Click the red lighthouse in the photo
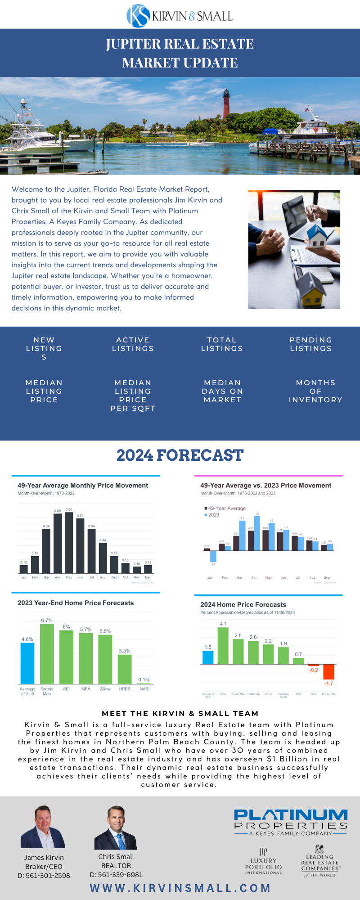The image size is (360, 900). (226, 104)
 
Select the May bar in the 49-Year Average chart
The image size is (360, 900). (69, 542)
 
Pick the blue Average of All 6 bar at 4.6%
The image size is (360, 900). (27, 663)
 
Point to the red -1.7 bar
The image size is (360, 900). (328, 671)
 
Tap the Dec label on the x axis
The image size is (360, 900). (148, 577)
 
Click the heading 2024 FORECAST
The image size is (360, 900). (180, 455)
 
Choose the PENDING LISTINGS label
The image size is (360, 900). (310, 344)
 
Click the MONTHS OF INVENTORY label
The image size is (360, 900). (315, 391)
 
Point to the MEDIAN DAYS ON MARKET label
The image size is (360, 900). (222, 391)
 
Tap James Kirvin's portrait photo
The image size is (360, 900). (43, 827)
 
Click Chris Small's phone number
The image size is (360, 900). (116, 875)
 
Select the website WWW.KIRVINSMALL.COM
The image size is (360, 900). (180, 888)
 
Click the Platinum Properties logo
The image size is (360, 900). (291, 822)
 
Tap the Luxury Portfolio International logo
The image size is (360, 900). (264, 861)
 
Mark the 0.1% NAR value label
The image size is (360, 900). (144, 679)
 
